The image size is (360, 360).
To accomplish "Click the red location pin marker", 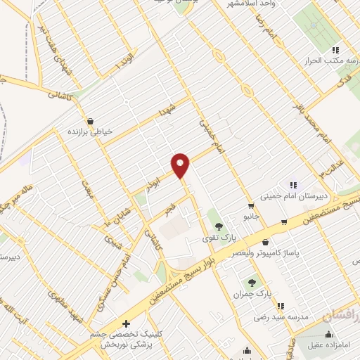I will (x=181, y=165).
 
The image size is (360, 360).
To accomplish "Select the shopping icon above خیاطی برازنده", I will (x=91, y=120).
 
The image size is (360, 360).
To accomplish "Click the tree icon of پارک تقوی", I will (x=219, y=226).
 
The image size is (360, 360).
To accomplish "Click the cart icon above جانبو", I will (x=250, y=205).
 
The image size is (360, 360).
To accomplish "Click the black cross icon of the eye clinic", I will (x=126, y=324).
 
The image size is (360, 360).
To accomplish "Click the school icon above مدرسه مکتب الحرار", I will (x=335, y=50).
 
